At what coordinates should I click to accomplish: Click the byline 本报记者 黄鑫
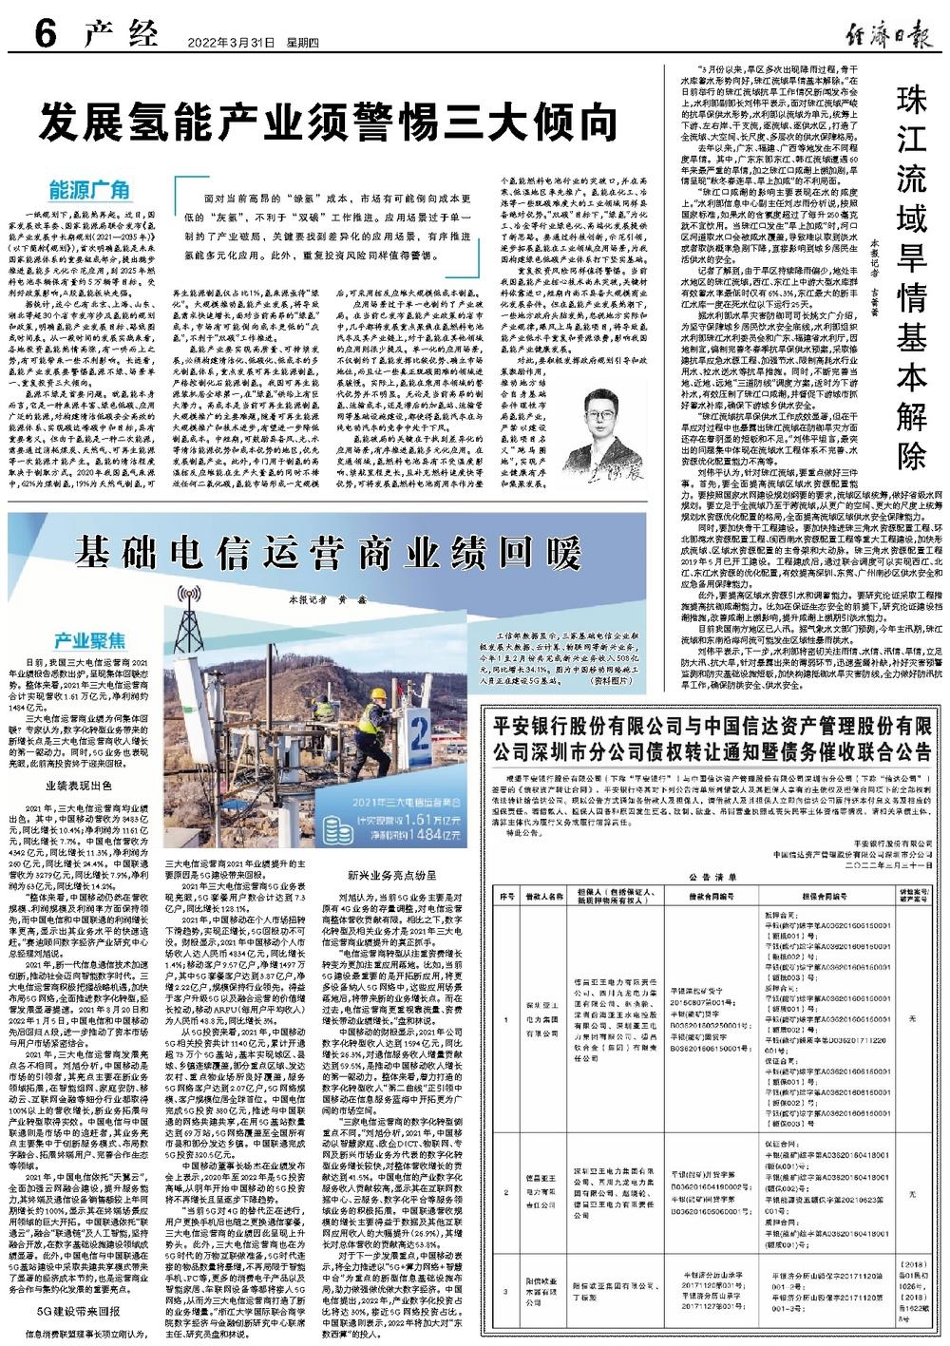point(327,600)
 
